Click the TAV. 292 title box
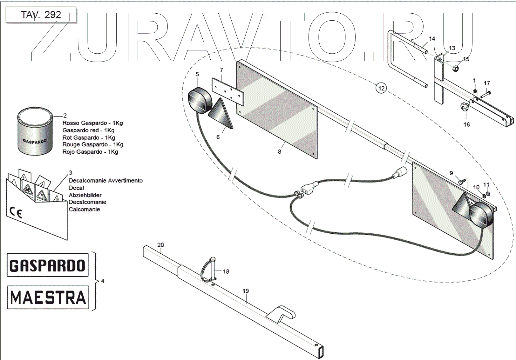41,15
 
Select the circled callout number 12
381,88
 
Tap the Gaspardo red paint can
35,132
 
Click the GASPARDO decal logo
48,265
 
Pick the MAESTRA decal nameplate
48,297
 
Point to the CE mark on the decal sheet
16,212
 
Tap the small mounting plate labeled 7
228,92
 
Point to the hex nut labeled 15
455,68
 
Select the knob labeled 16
465,107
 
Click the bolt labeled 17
485,94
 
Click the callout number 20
161,245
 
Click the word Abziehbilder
85,195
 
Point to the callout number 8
279,152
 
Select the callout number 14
432,39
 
